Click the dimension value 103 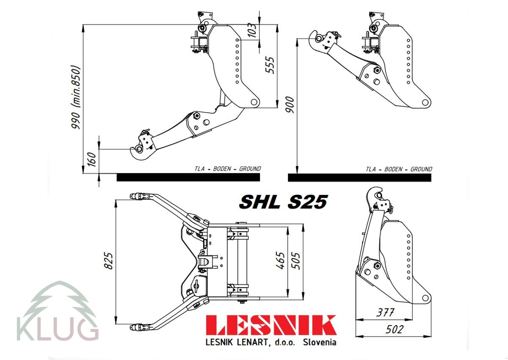pyautogui.click(x=252, y=30)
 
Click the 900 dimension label pyautogui.click(x=290, y=104)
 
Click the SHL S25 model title pyautogui.click(x=283, y=202)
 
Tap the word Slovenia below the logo pyautogui.click(x=320, y=342)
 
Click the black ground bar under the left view pyautogui.click(x=188, y=177)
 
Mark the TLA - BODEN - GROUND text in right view pyautogui.click(x=399, y=169)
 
